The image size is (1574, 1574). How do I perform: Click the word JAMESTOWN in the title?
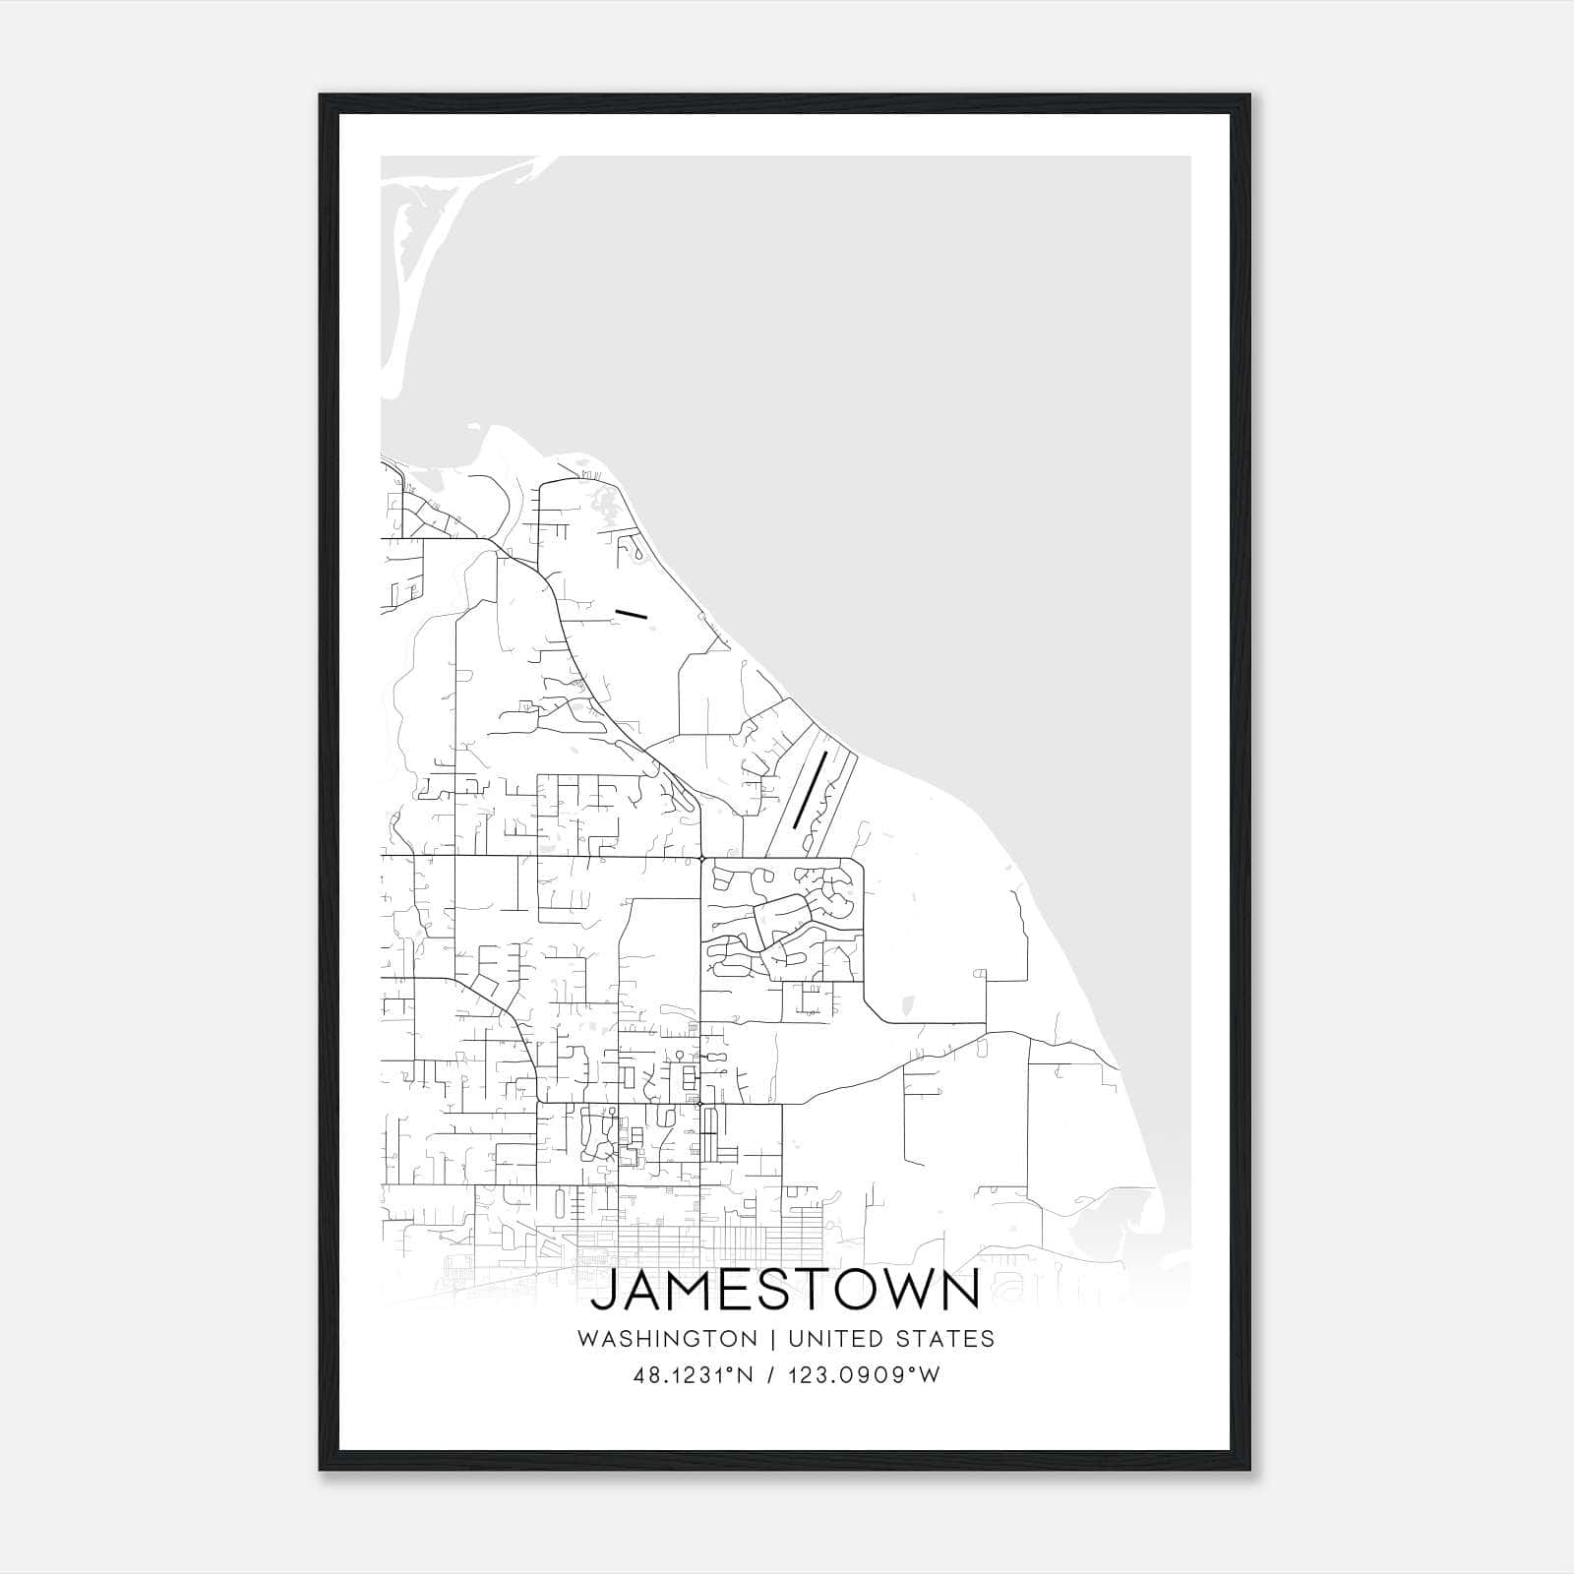click(x=785, y=1291)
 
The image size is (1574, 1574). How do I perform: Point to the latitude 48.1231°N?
click(x=694, y=1375)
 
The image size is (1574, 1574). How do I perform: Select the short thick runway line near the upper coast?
click(x=632, y=615)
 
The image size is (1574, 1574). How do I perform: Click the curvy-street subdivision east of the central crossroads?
click(x=782, y=920)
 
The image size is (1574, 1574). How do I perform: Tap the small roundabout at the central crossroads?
click(x=700, y=859)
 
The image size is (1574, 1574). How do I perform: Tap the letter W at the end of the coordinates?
click(x=930, y=1375)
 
